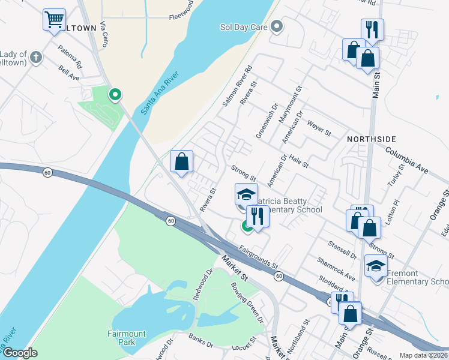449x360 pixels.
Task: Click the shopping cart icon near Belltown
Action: (54, 20)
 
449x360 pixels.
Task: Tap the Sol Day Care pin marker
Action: (277, 26)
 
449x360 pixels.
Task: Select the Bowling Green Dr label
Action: (247, 295)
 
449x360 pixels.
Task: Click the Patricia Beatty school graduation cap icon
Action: (246, 194)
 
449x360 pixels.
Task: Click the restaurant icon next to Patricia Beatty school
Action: (257, 216)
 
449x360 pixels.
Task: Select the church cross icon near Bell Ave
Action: (36, 58)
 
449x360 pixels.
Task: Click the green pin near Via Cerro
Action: (115, 94)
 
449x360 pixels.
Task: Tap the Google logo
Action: (20, 353)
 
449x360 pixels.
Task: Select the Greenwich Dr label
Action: (267, 122)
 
